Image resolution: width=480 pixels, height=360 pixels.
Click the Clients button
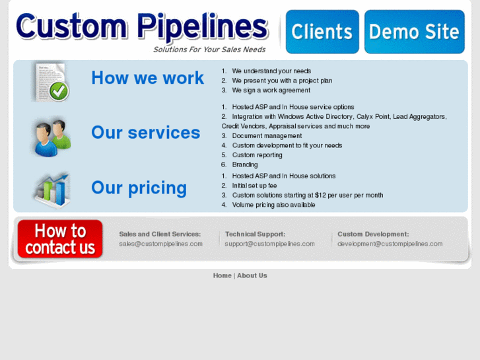point(322,32)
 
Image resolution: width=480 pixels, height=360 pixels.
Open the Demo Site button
point(414,32)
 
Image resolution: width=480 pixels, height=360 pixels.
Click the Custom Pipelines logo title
point(142,27)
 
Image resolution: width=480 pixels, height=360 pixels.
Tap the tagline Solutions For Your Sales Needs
point(209,50)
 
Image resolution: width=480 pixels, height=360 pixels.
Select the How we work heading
point(147,78)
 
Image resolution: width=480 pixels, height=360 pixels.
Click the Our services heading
point(145,133)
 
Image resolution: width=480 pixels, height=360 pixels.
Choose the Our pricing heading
point(139,188)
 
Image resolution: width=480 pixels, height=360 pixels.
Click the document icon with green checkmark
point(51,82)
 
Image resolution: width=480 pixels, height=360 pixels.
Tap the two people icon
point(51,136)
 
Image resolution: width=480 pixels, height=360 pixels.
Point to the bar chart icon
point(51,190)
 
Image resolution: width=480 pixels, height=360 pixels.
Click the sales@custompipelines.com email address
point(160,244)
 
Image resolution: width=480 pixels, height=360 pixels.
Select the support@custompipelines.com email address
point(269,244)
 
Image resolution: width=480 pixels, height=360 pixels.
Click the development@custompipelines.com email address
point(390,244)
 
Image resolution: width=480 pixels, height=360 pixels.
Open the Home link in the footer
point(222,275)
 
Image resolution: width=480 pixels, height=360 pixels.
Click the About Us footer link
point(252,275)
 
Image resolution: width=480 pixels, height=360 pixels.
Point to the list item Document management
point(257,136)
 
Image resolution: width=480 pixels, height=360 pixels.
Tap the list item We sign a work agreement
point(271,90)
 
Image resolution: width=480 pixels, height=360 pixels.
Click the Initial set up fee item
point(254,186)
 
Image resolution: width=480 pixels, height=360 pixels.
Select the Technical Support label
point(255,234)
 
